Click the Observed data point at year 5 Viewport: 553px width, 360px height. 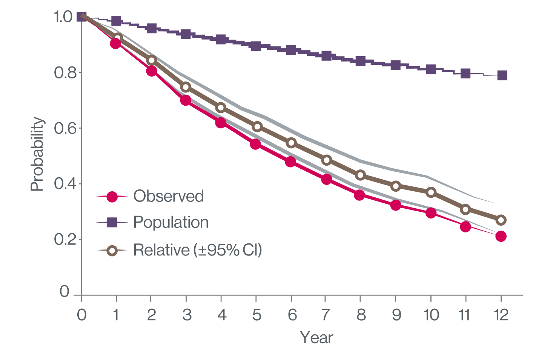coord(255,144)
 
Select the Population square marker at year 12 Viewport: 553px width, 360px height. coord(502,75)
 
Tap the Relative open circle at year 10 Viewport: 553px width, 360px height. coord(431,192)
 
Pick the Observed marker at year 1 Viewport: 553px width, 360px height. coord(115,43)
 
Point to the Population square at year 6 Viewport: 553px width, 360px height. coord(291,50)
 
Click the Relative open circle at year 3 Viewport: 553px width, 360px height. coord(186,87)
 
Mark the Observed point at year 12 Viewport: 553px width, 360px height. coord(501,236)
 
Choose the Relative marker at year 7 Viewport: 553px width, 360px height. coord(327,160)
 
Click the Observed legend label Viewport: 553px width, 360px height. coord(168,196)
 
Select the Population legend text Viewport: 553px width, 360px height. coord(171,223)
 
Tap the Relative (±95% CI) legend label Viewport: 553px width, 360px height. coord(197,250)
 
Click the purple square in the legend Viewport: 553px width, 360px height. coord(112,223)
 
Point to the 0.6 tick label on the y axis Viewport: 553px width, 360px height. coord(63,128)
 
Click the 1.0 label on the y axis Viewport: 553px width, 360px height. coord(63,17)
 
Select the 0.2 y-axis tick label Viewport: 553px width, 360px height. coord(63,240)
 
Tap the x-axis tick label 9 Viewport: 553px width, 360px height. coord(396,314)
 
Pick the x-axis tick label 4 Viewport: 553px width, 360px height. coord(221,314)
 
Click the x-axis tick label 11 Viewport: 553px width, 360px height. coord(465,314)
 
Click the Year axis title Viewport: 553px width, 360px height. coord(316,338)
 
